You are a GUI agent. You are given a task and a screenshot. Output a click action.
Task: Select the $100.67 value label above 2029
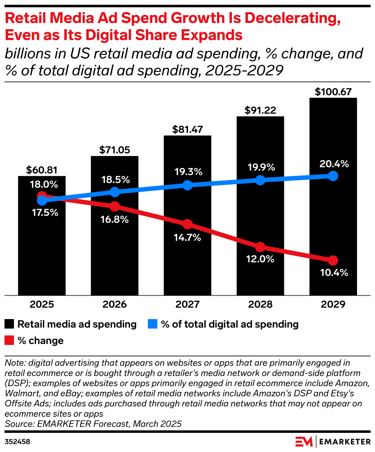(x=333, y=92)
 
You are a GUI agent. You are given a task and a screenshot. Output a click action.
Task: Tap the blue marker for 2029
(x=333, y=176)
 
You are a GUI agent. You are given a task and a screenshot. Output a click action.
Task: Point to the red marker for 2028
(x=260, y=247)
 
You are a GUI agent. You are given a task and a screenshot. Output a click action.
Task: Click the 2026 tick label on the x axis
(x=115, y=305)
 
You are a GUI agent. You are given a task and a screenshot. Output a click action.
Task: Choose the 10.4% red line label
(x=333, y=273)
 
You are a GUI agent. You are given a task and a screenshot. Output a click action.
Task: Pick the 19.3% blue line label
(x=187, y=172)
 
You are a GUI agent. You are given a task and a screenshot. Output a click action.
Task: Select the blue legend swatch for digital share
(x=153, y=324)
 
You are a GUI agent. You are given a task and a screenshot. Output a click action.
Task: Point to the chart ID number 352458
(x=17, y=442)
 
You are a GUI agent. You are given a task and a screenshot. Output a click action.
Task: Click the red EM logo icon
(x=304, y=441)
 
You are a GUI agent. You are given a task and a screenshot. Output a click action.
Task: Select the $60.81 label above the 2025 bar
(x=42, y=170)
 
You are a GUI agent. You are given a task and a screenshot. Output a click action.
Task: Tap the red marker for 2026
(x=115, y=206)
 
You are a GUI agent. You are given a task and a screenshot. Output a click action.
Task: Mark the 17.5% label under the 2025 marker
(x=42, y=213)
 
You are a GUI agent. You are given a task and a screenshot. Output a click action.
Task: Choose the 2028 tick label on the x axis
(x=260, y=305)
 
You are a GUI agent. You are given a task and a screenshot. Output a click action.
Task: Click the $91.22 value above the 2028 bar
(x=260, y=110)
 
